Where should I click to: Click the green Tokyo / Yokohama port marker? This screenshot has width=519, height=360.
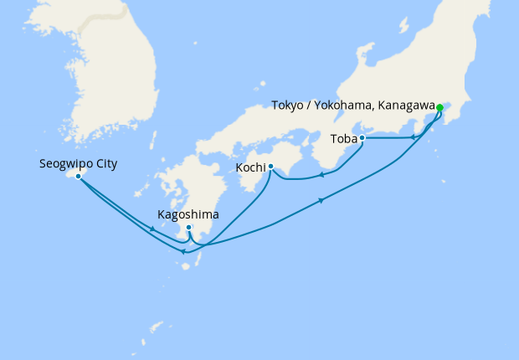click(439, 107)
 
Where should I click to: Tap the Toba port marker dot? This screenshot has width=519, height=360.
click(362, 138)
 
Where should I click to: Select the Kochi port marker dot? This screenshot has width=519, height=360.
click(270, 167)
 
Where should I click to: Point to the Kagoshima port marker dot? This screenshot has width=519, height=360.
click(189, 228)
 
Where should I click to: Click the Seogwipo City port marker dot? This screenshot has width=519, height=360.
click(78, 177)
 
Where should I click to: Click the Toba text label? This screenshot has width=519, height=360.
click(343, 138)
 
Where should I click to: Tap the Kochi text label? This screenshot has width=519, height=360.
click(251, 167)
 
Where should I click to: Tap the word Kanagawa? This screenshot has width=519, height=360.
click(405, 105)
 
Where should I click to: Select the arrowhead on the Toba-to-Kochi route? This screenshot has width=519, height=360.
click(321, 176)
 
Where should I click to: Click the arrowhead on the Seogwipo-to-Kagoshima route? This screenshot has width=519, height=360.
click(152, 229)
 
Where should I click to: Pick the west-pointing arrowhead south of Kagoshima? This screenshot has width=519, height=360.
click(184, 251)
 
